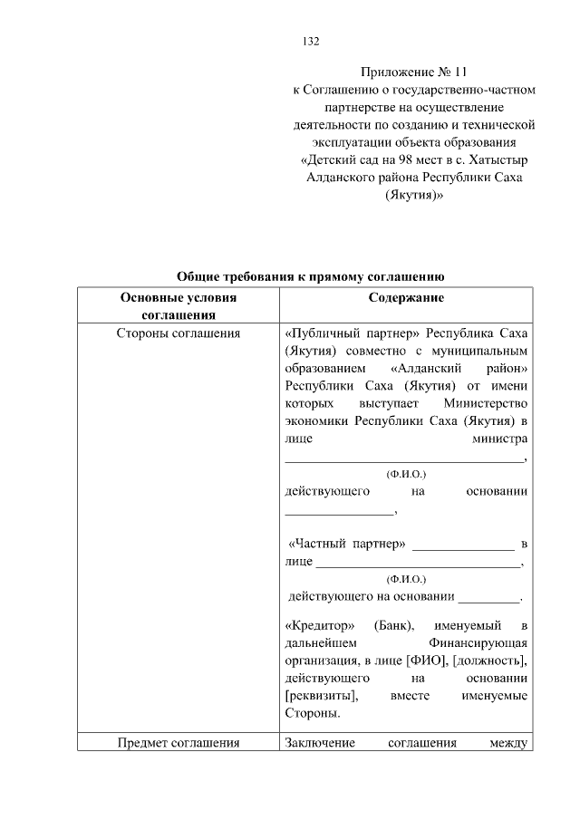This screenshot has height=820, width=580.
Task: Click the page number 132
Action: pos(310,42)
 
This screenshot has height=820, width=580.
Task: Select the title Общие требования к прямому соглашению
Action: pos(309,277)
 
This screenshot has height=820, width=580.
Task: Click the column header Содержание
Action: pos(406,297)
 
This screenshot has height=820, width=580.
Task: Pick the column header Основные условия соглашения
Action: pos(179,306)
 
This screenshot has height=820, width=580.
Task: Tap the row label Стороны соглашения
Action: pos(179,333)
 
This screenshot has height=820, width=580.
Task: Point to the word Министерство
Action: pos(487,402)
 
